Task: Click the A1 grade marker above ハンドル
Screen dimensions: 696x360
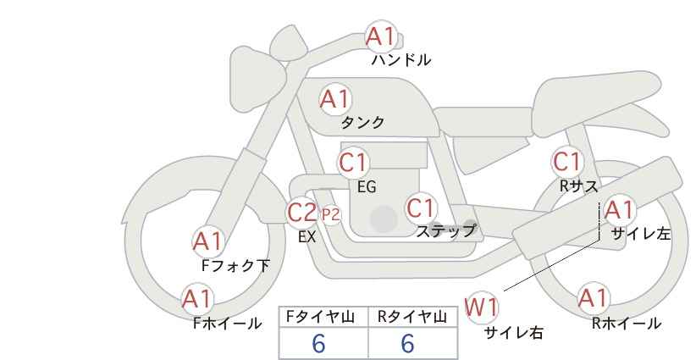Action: (381, 36)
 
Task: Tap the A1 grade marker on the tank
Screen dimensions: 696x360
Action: (335, 99)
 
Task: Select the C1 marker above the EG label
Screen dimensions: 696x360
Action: (353, 163)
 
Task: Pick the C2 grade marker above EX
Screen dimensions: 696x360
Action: (301, 212)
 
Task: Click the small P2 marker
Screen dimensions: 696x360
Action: (331, 215)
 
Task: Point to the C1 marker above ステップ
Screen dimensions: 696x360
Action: (422, 208)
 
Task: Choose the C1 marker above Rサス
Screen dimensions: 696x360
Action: (566, 162)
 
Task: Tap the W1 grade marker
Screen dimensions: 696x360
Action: (481, 307)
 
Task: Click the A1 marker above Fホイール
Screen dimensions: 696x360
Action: (197, 299)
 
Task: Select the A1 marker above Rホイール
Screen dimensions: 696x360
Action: (593, 298)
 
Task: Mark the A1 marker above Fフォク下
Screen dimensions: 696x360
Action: (207, 242)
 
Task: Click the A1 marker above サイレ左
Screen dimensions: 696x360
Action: (619, 210)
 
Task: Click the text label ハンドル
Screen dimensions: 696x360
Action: (401, 60)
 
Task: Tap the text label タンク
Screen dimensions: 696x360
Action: (362, 123)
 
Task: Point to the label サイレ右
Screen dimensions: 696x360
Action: (514, 333)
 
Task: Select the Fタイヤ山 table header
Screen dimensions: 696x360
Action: (320, 317)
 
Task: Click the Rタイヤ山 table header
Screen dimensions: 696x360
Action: (412, 317)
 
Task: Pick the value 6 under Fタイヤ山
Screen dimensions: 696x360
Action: (318, 343)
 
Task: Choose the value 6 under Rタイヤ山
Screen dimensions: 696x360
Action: (407, 343)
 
